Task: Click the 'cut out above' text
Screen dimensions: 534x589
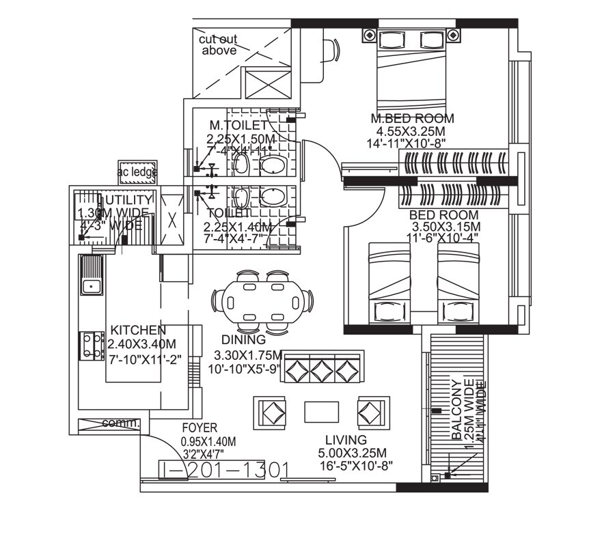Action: [218, 45]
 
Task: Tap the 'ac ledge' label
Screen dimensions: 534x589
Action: [137, 172]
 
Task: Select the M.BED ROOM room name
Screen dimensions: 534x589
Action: [411, 119]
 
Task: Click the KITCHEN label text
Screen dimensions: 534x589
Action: [138, 330]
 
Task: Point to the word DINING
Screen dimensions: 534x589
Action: [243, 340]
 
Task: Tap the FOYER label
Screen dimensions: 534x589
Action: [200, 428]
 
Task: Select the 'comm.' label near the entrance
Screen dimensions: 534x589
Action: [120, 423]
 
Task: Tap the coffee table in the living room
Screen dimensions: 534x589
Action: [321, 412]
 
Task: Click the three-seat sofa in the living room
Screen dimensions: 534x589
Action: [323, 369]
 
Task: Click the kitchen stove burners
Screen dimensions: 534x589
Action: [90, 345]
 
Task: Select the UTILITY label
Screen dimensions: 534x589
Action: [126, 199]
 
